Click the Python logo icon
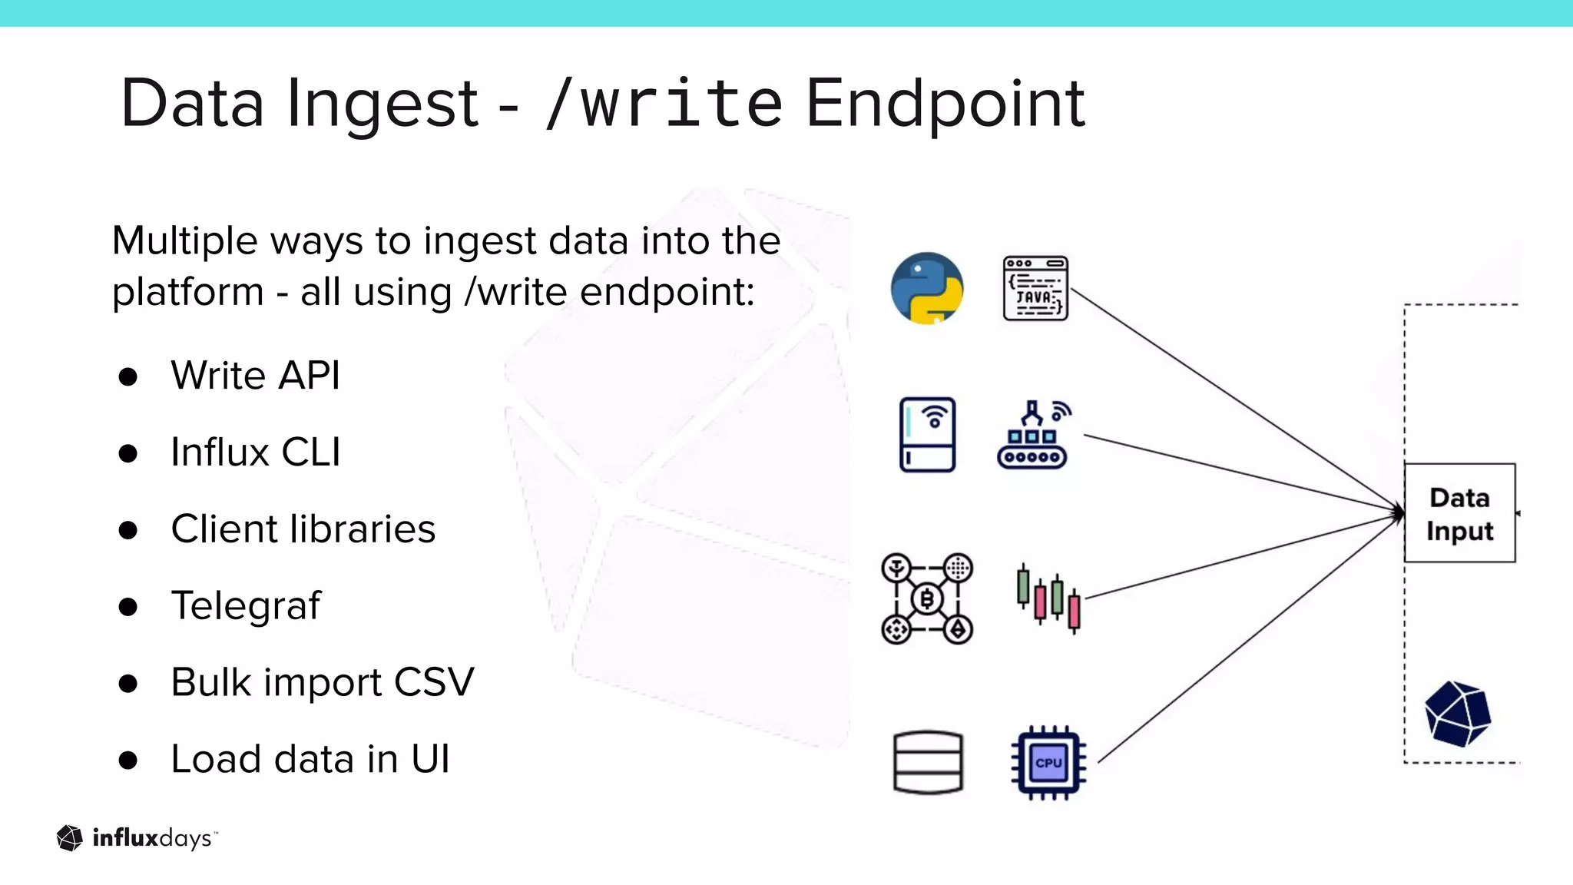[x=927, y=288]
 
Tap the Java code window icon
[x=1035, y=288]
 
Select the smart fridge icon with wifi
[x=927, y=434]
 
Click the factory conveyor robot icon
[x=1033, y=435]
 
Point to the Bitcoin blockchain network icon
[x=927, y=598]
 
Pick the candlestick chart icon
[x=1048, y=598]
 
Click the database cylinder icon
[x=928, y=761]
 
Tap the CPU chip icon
[x=1048, y=762]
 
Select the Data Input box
[x=1459, y=513]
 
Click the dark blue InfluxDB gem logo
[x=1457, y=714]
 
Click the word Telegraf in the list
[x=246, y=605]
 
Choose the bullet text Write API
[x=255, y=376]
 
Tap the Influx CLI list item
[x=255, y=452]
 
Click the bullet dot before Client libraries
[x=128, y=530]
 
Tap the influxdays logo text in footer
[x=151, y=838]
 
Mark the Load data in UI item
[x=310, y=759]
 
